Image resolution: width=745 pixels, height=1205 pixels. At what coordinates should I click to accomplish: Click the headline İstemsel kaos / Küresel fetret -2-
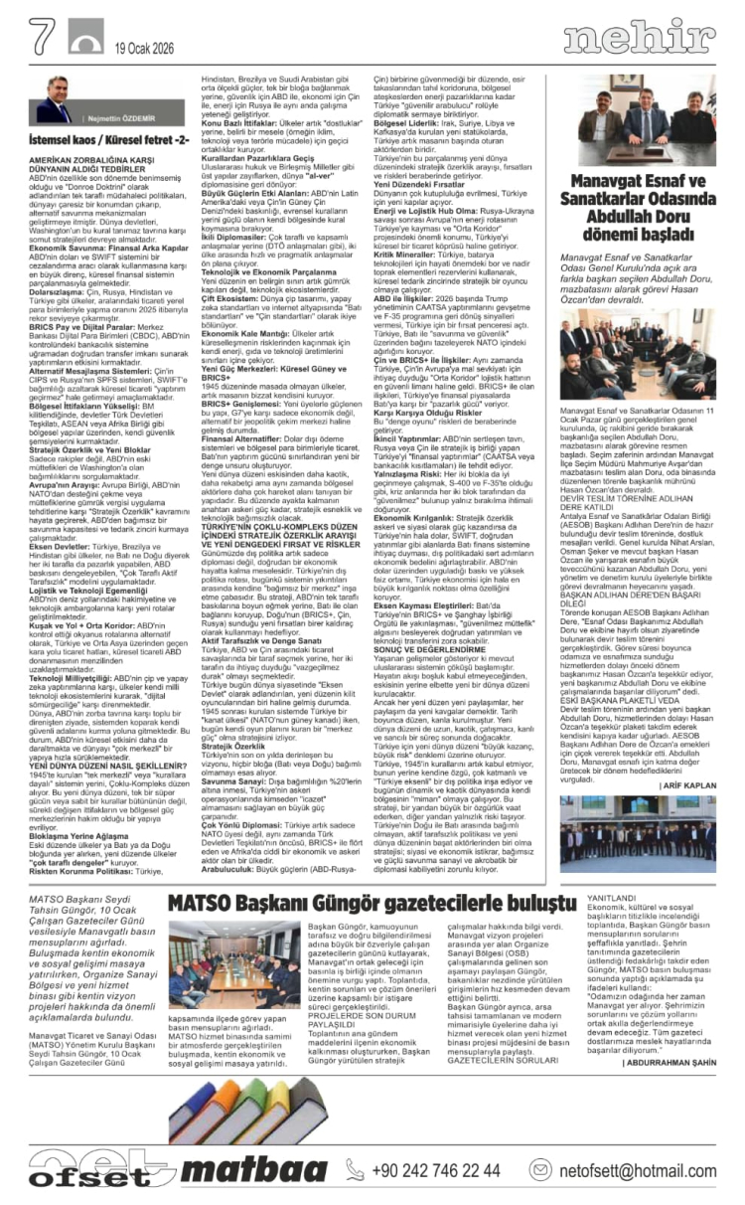pos(108,141)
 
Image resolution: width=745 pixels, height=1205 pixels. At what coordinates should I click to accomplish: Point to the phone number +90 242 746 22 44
pos(437,1169)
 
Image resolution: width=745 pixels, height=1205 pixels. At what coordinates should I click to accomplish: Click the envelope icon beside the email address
pos(541,1170)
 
